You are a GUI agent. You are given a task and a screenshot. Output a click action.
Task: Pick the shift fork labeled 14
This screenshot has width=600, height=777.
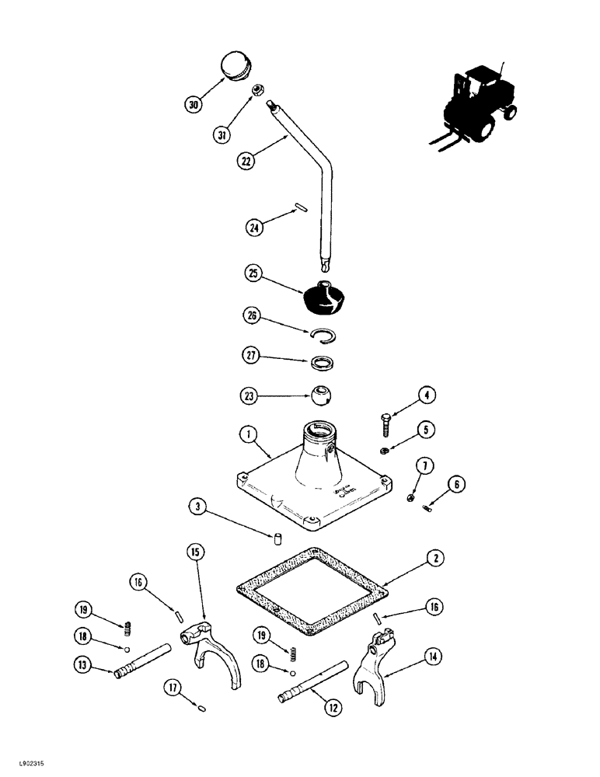point(378,657)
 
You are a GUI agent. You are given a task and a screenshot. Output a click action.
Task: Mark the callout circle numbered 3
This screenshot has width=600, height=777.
point(198,508)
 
